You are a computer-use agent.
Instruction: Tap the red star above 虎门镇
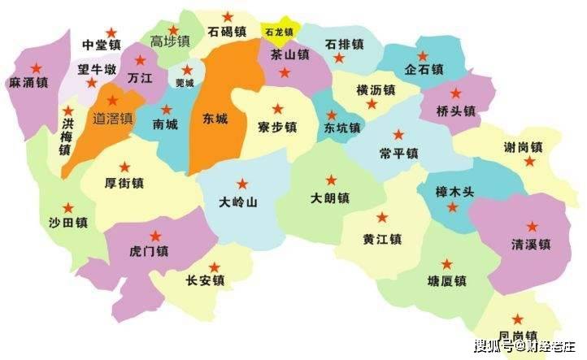click(x=155, y=236)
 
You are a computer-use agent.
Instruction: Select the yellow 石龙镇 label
click(x=277, y=33)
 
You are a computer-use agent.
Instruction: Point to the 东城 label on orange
click(x=215, y=119)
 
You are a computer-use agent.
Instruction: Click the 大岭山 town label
click(x=239, y=202)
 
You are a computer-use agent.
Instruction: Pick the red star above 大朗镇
click(x=331, y=180)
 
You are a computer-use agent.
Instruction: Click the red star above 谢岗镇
click(x=529, y=162)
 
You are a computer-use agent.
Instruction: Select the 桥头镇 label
click(x=455, y=111)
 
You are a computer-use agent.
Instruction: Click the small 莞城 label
click(x=185, y=83)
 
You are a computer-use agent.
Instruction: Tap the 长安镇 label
click(x=206, y=281)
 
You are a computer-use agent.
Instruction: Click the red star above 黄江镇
click(x=382, y=218)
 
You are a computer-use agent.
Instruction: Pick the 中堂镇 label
click(x=102, y=44)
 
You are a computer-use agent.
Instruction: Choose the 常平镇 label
click(x=398, y=153)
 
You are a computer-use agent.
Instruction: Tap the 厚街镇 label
click(x=125, y=184)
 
